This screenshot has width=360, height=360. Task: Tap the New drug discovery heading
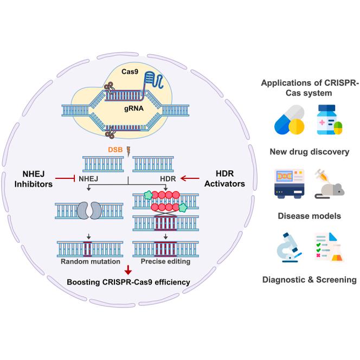click(x=309, y=151)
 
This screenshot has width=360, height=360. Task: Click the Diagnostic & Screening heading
click(x=309, y=280)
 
